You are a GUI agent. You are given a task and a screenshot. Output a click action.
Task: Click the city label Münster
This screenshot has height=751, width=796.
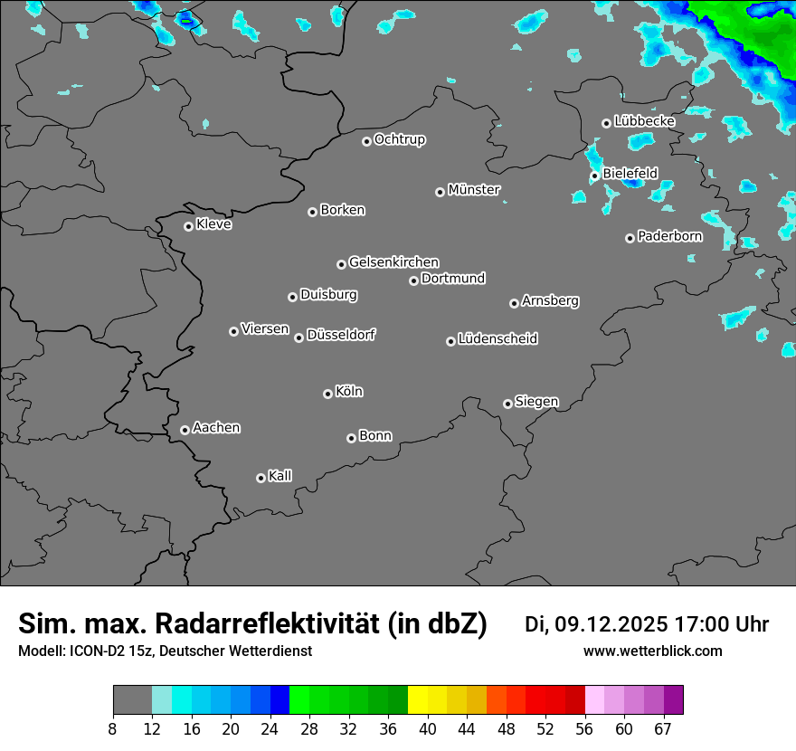coord(474,190)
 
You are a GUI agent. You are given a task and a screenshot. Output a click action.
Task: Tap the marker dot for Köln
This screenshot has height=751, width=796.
coord(327,394)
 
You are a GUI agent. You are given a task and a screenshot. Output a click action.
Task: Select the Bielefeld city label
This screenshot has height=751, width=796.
coord(630,173)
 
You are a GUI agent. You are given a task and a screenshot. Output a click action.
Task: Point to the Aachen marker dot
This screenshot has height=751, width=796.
coord(185,430)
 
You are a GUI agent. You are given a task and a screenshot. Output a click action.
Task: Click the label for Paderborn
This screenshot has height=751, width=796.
coord(670,236)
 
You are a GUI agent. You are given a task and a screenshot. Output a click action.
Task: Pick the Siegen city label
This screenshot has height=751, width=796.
coord(536,402)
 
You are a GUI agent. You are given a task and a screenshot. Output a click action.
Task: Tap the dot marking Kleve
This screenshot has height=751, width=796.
coord(188,226)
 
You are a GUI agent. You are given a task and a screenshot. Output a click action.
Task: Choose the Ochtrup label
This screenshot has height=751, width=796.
coord(400,139)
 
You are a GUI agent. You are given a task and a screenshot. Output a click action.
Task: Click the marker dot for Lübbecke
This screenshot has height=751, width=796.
coord(606,123)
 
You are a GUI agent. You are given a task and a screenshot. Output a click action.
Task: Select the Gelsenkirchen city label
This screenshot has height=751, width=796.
coord(393,262)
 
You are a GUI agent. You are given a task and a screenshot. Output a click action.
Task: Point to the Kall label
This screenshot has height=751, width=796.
coord(280,476)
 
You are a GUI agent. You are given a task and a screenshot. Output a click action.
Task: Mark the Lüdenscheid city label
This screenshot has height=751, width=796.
coord(497,339)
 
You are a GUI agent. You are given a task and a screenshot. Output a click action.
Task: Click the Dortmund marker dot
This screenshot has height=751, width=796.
coord(413,280)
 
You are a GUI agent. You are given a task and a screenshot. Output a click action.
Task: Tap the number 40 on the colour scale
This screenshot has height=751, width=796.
coord(428,728)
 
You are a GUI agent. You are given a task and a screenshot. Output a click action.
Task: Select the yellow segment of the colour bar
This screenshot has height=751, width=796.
coord(418,700)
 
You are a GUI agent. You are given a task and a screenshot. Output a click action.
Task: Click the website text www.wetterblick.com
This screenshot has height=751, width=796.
coord(652,651)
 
